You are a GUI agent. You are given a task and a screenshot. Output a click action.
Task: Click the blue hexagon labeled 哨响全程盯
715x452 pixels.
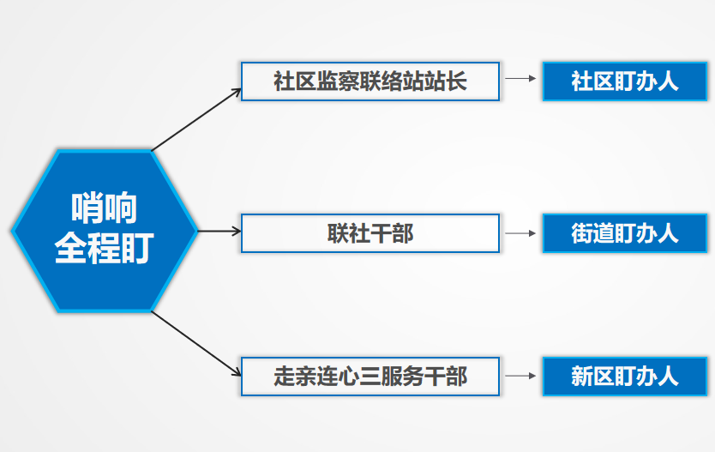tap(105, 231)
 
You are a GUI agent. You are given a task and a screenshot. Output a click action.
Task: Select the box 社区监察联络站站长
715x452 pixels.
tap(370, 81)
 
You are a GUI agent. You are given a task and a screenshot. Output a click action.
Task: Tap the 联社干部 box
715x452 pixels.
tap(370, 233)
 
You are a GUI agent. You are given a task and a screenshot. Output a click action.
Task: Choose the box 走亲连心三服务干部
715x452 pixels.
tap(370, 377)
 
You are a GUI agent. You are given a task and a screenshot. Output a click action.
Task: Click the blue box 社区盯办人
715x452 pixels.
tap(625, 81)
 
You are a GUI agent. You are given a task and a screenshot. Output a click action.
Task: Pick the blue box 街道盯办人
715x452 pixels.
tap(625, 233)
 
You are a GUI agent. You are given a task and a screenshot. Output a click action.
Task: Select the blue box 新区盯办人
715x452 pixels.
tap(625, 377)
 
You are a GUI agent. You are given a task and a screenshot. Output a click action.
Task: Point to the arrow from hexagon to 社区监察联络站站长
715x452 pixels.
tap(196, 119)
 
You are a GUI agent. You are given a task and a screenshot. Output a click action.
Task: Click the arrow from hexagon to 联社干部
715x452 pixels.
tap(219, 232)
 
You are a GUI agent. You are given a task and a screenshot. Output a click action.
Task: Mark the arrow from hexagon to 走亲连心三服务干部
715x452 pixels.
tap(196, 344)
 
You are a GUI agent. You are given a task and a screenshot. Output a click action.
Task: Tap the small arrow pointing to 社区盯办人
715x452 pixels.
tap(520, 78)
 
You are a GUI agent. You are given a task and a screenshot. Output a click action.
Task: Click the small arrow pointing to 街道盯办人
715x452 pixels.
tap(520, 233)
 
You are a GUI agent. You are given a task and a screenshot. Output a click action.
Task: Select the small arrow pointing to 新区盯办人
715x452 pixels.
tap(520, 376)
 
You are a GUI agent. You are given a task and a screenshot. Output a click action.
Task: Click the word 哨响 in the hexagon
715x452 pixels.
tap(105, 208)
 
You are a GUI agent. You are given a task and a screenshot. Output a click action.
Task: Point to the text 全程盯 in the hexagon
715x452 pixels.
tap(105, 248)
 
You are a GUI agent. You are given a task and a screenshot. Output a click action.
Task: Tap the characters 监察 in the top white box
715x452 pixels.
tap(338, 81)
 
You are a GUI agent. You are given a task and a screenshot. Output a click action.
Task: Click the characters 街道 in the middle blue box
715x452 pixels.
tap(592, 233)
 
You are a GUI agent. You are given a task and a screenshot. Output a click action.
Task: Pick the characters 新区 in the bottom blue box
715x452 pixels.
tap(592, 377)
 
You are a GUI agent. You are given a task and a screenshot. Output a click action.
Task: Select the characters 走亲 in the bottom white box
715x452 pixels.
tap(295, 377)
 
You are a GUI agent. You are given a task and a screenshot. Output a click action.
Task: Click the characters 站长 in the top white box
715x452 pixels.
tap(446, 81)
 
